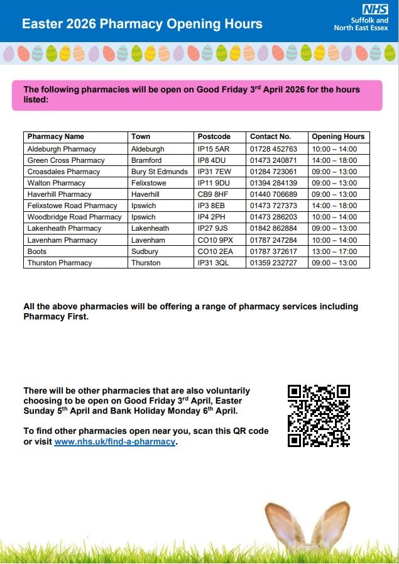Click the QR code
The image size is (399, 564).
[319, 416]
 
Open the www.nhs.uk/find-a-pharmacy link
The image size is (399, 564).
[114, 442]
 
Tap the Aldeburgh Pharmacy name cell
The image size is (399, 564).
[62, 149]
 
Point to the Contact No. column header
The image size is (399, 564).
[270, 136]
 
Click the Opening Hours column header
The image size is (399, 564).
[338, 136]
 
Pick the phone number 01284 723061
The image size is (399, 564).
[273, 172]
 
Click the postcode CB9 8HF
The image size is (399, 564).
[212, 194]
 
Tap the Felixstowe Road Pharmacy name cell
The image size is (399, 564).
[72, 206]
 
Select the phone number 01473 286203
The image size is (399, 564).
[273, 217]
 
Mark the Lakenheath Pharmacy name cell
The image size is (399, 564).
[64, 228]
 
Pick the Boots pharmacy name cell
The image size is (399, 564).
[37, 252]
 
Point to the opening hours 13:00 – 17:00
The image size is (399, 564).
[334, 252]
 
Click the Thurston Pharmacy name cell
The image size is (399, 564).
[59, 263]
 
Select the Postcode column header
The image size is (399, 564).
[214, 136]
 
